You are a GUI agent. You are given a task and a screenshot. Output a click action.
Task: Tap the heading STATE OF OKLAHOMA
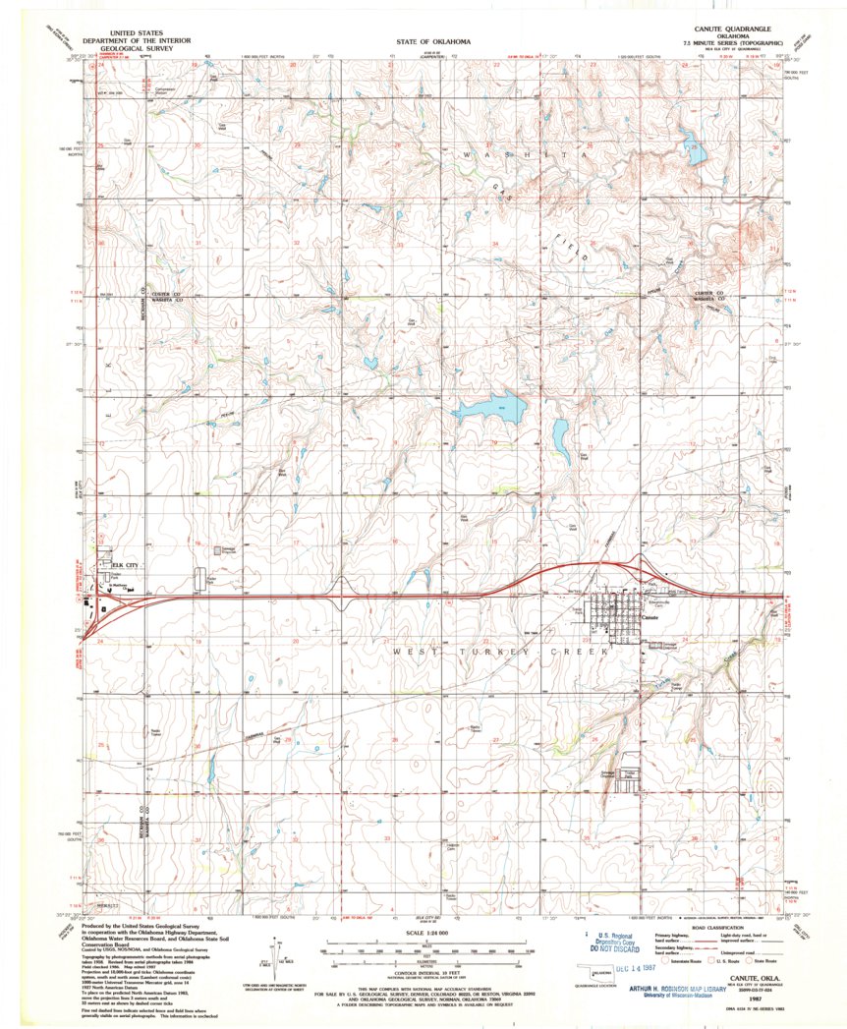pos(433,43)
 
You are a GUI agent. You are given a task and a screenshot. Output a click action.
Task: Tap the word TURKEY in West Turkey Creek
pos(488,652)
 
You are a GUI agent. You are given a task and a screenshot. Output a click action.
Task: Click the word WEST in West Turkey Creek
pos(412,652)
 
